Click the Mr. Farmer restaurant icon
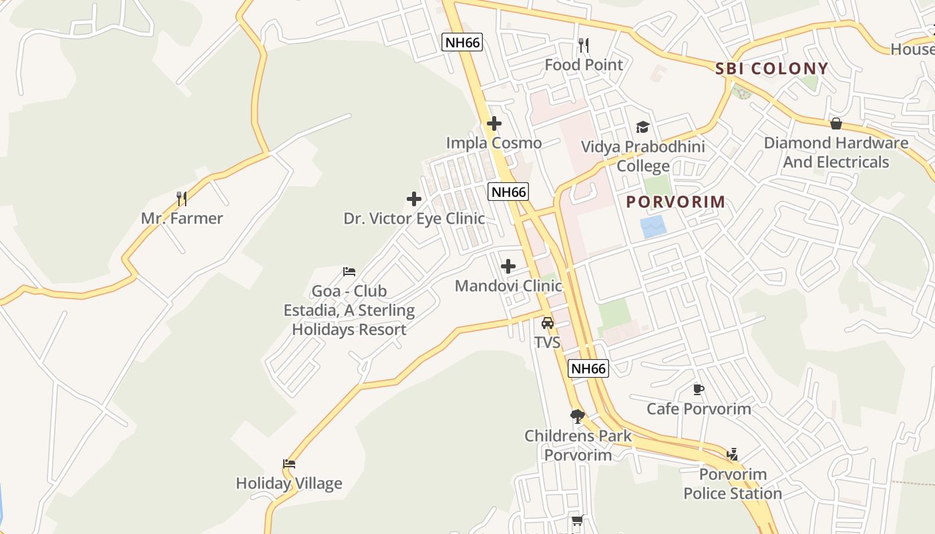(181, 198)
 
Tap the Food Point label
(584, 65)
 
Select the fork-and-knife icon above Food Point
(584, 45)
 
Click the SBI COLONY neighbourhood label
(771, 68)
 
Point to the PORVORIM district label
(675, 202)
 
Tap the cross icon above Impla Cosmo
(494, 123)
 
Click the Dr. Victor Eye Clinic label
(414, 218)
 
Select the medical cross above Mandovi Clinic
(508, 266)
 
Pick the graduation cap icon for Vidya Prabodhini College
(642, 127)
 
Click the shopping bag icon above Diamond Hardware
(835, 123)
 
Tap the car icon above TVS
(548, 323)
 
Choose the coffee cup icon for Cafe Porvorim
(699, 389)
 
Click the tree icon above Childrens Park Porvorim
(578, 417)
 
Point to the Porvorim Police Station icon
(732, 455)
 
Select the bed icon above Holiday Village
(289, 464)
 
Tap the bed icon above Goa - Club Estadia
(349, 271)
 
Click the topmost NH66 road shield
(462, 43)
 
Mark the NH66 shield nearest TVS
(588, 368)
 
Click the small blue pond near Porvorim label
(653, 227)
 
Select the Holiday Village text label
(289, 483)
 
